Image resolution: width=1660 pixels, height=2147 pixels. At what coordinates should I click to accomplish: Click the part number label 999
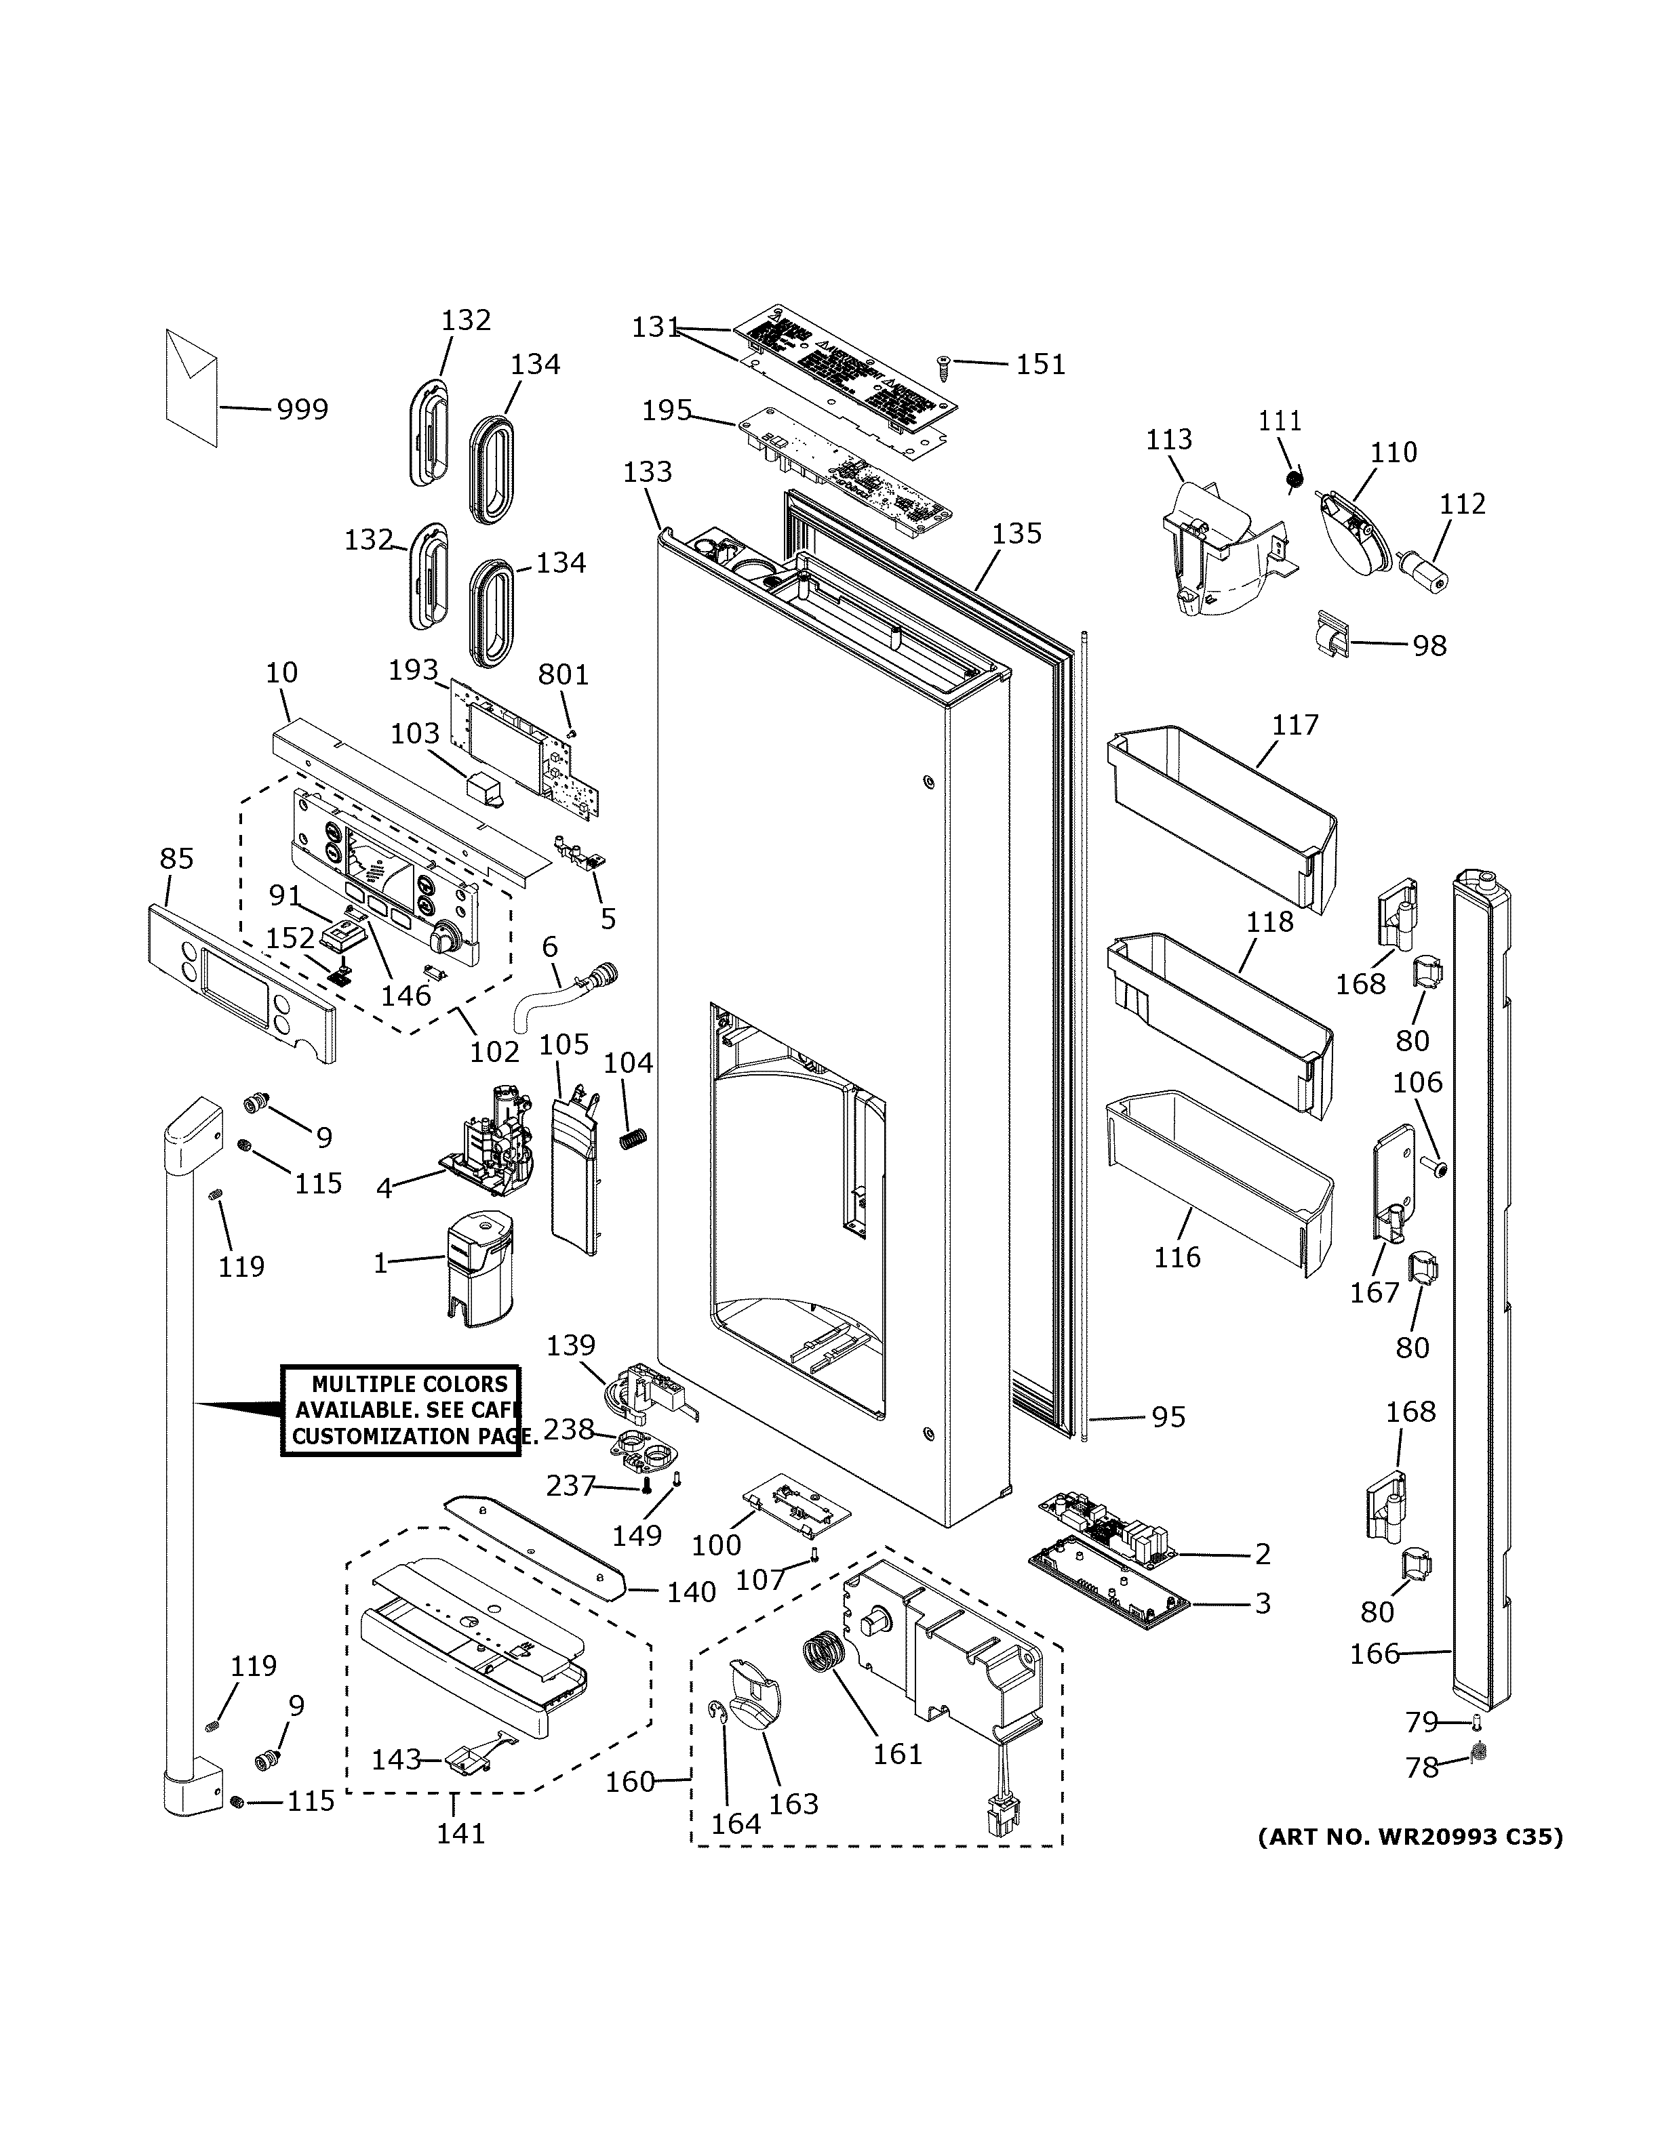pyautogui.click(x=301, y=409)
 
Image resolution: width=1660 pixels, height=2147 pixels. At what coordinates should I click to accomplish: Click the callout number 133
pyautogui.click(x=647, y=472)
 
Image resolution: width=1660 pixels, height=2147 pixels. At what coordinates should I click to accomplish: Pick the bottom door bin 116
pyautogui.click(x=1219, y=1180)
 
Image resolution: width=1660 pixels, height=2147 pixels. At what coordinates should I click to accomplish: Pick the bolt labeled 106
pyautogui.click(x=1437, y=1168)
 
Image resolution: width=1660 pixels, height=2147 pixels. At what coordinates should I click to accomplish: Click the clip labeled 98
pyautogui.click(x=1332, y=636)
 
